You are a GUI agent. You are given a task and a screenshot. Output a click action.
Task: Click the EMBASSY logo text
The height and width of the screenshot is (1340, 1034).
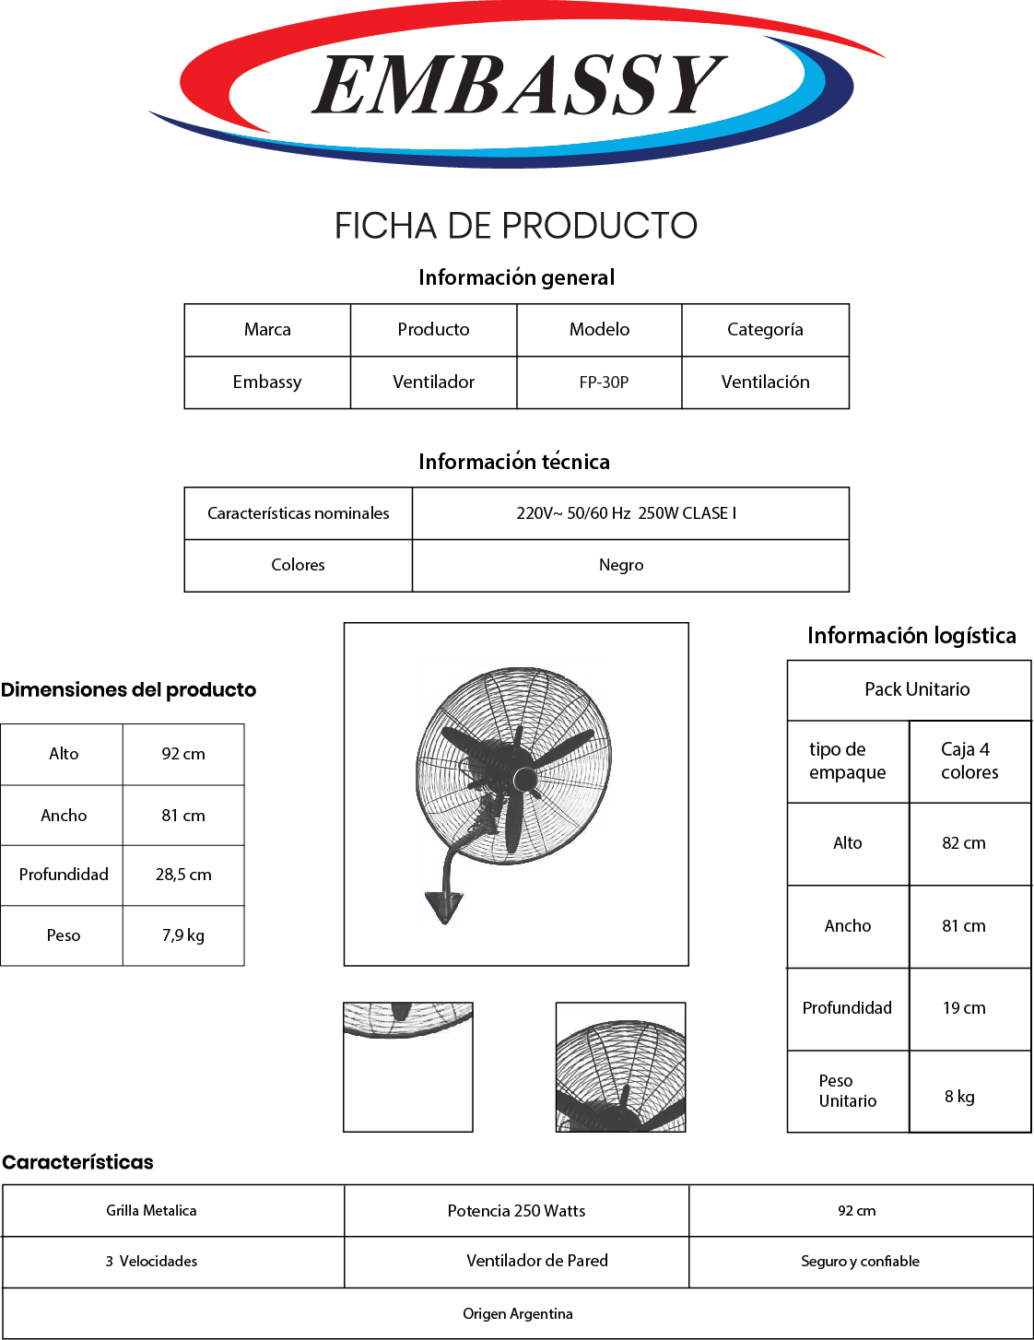point(518,85)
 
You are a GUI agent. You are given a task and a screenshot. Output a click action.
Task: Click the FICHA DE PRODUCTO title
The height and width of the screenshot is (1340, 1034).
point(516,226)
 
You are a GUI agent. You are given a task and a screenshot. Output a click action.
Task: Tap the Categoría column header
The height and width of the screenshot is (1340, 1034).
point(765,330)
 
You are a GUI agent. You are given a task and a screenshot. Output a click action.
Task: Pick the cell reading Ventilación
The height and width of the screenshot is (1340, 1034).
point(765,382)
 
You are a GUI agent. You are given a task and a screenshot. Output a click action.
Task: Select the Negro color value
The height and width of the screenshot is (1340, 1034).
point(621,566)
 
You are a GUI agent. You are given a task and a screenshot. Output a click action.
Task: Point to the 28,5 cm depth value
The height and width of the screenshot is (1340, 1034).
point(183,875)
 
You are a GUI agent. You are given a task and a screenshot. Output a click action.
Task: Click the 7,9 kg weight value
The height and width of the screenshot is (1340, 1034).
point(183,935)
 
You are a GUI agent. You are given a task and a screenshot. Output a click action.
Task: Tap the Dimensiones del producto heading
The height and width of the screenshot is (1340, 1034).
point(128,689)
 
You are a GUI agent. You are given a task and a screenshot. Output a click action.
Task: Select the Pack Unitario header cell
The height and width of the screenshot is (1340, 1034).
point(917,689)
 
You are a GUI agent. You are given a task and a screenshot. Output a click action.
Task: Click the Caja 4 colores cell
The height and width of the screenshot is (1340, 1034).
point(969,761)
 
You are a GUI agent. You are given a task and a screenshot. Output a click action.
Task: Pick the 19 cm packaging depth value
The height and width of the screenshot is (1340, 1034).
point(964,1008)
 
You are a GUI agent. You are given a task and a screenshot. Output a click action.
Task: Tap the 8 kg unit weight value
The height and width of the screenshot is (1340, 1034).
point(959,1097)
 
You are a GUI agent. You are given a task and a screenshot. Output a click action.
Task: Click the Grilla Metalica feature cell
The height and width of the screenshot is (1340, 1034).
point(151,1210)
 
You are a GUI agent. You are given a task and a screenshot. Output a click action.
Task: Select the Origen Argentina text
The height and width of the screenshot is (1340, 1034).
point(518,1314)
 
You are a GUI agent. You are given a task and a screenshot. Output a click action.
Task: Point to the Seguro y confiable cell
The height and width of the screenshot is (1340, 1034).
point(860,1262)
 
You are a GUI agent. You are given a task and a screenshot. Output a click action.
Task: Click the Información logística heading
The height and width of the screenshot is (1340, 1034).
point(912,636)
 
